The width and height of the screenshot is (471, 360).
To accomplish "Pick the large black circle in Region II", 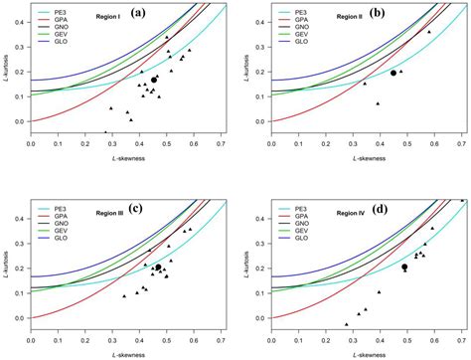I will click(x=393, y=73).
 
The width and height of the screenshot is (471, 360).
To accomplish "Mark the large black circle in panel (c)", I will click(x=158, y=268).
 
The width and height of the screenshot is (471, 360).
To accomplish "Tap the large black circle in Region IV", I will click(x=404, y=267).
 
